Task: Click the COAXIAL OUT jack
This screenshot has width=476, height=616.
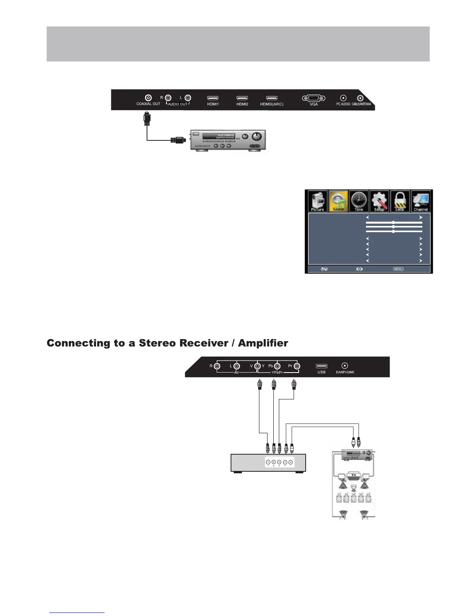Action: [x=148, y=98]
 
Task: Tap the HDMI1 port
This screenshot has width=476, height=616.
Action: [x=213, y=98]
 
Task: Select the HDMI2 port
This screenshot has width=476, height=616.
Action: [x=242, y=98]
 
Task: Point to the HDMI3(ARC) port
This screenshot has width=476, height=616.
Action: [x=272, y=98]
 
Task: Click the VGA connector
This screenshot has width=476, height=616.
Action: [x=313, y=98]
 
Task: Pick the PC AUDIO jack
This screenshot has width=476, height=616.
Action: [x=343, y=98]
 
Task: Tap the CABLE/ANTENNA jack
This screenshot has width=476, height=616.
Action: [x=361, y=98]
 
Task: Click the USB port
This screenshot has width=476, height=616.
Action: [x=322, y=366]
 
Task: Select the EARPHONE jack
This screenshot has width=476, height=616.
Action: [x=345, y=366]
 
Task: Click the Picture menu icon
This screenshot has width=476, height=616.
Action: [x=318, y=201]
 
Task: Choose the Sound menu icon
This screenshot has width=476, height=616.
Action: [x=338, y=201]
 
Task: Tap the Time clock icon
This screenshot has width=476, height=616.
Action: [x=359, y=201]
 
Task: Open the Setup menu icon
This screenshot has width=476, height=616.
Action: [x=379, y=201]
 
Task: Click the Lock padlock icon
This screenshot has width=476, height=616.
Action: [x=400, y=201]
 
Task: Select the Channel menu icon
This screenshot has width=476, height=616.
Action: [x=421, y=201]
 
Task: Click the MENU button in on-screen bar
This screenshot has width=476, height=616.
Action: [x=398, y=269]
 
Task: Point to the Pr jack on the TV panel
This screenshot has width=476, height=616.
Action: [x=297, y=366]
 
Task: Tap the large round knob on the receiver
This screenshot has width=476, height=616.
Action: [x=257, y=136]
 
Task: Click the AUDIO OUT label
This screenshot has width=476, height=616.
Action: [x=178, y=104]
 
